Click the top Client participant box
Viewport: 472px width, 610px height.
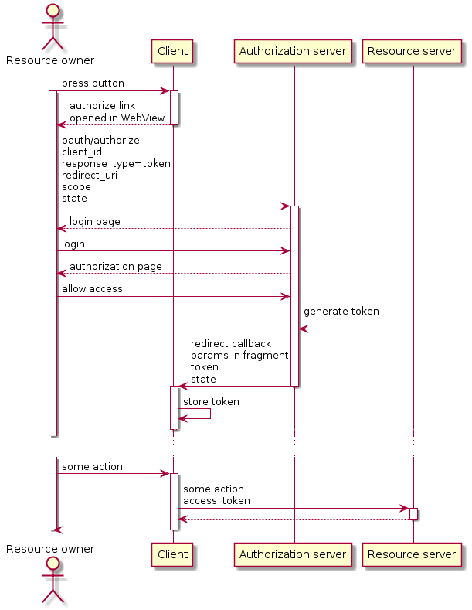pos(172,51)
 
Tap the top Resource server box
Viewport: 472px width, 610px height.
pos(412,51)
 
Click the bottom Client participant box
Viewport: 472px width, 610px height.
pos(172,554)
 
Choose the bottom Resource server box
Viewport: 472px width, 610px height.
pos(412,554)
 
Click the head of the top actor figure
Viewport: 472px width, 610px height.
pos(53,12)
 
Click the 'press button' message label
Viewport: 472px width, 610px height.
pos(93,83)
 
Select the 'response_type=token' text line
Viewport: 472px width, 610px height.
pos(116,164)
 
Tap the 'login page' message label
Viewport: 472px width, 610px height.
pos(94,222)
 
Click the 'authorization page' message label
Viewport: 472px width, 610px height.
pos(115,267)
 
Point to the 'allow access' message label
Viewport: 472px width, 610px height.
pos(92,289)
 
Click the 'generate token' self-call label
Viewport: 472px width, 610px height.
pos(341,312)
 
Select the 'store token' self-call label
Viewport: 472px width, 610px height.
pos(211,402)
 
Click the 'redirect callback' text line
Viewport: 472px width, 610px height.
pos(230,344)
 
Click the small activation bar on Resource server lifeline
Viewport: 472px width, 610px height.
pos(413,513)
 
